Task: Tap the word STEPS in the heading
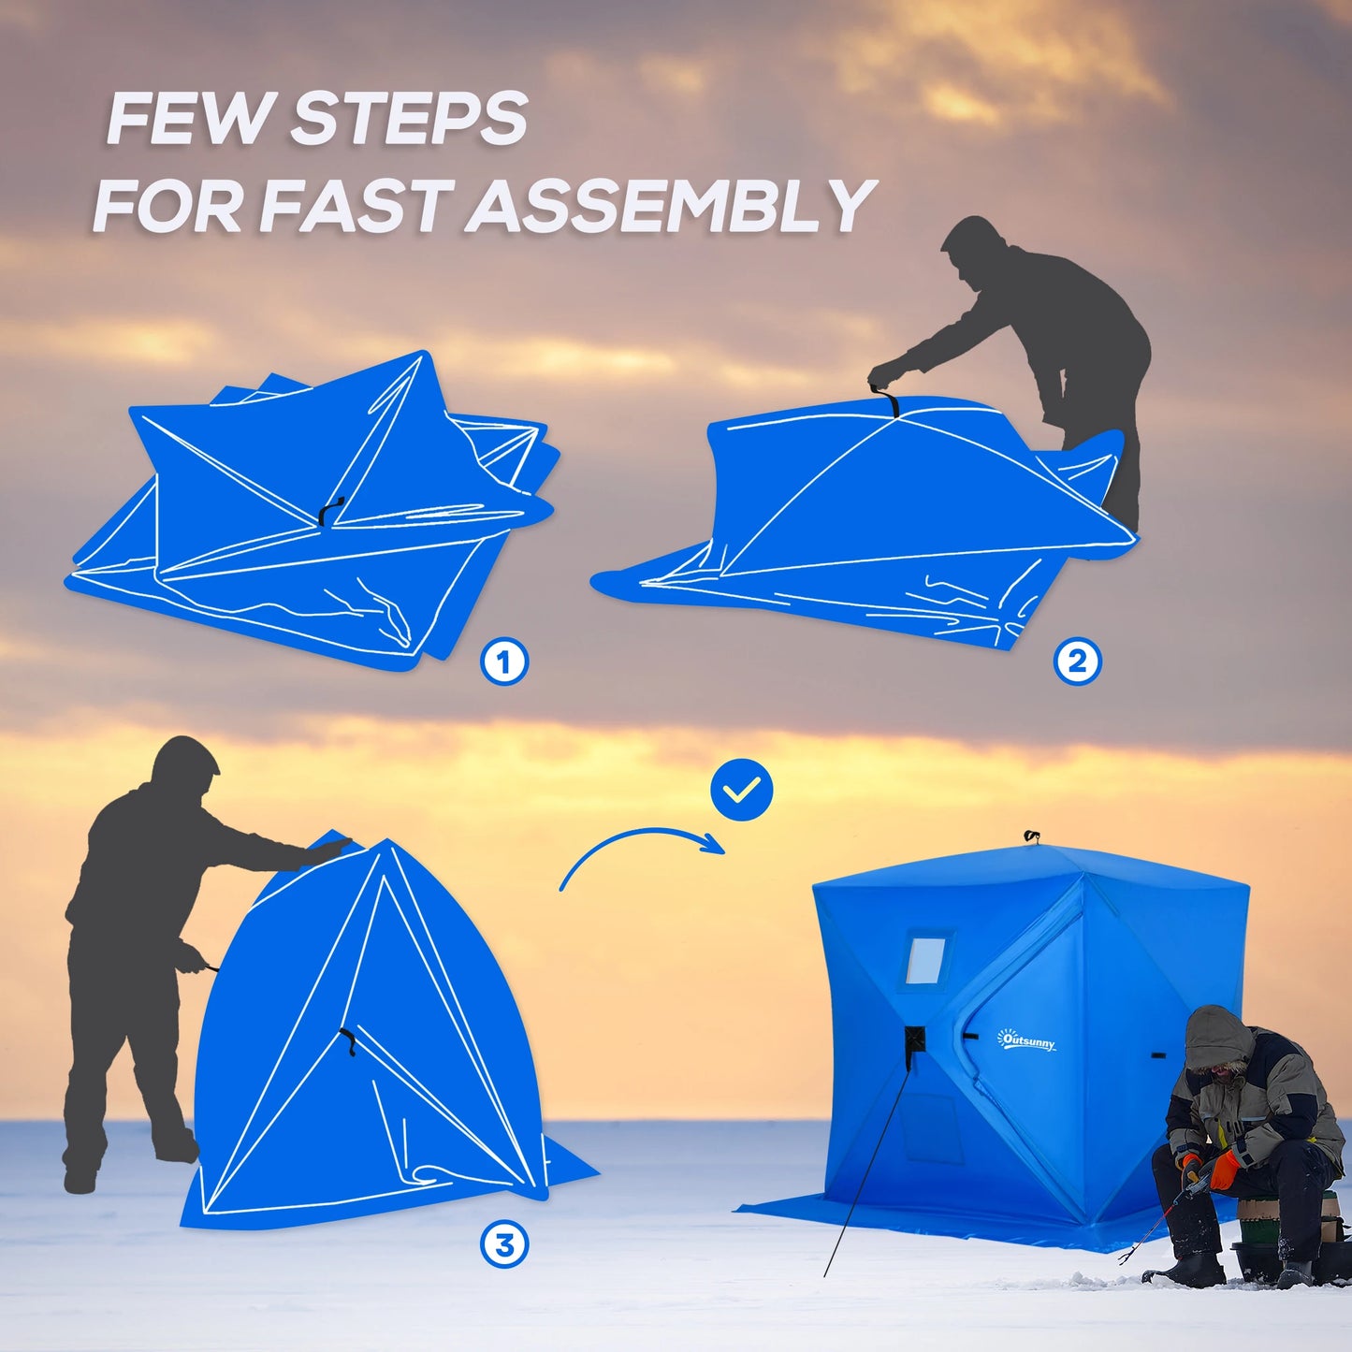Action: tap(409, 119)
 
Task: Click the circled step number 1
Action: tap(504, 662)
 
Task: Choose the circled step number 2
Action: tap(1077, 662)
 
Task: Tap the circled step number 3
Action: tap(504, 1245)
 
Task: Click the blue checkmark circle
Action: tap(742, 791)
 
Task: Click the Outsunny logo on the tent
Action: tap(1026, 1039)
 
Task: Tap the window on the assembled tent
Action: tap(925, 958)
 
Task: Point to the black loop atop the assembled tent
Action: tap(1032, 836)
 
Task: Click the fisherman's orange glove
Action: tap(1225, 1170)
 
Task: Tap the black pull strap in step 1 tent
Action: tap(329, 511)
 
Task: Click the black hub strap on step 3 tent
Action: tap(348, 1040)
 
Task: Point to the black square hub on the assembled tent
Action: tap(914, 1039)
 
